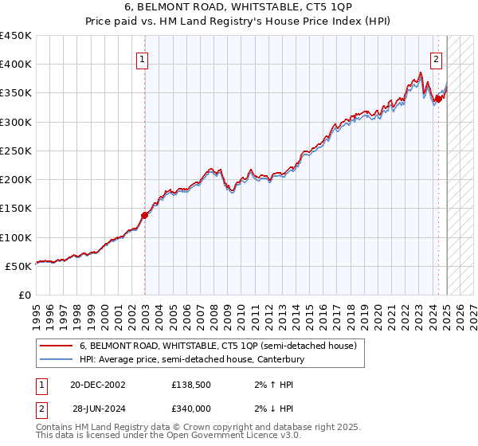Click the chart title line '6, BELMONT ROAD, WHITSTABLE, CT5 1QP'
click(x=239, y=8)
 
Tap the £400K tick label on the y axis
click(x=16, y=65)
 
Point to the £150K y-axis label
click(x=16, y=209)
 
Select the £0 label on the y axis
click(x=25, y=295)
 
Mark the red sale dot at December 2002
click(x=144, y=215)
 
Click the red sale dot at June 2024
click(x=437, y=99)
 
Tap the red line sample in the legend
click(x=56, y=346)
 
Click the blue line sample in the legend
click(x=56, y=360)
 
